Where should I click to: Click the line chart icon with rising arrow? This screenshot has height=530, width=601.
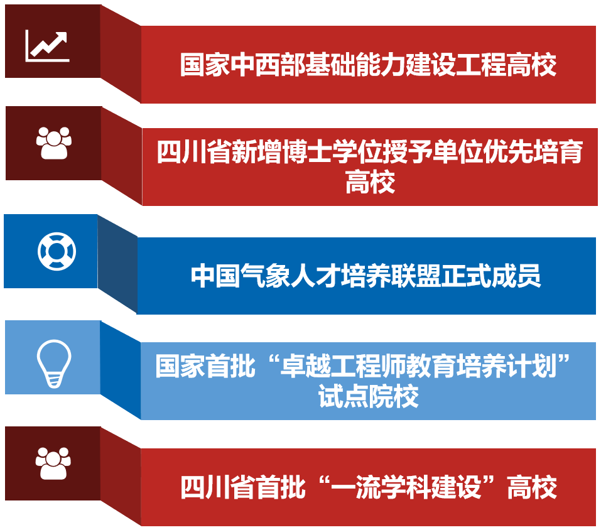pos(47,46)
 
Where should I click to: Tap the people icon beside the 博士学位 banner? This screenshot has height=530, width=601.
pos(53,143)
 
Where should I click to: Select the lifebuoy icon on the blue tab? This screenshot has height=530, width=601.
pos(57,251)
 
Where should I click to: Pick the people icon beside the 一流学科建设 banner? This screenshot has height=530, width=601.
pos(53,463)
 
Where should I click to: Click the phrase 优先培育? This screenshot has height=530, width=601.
pos(534,152)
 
